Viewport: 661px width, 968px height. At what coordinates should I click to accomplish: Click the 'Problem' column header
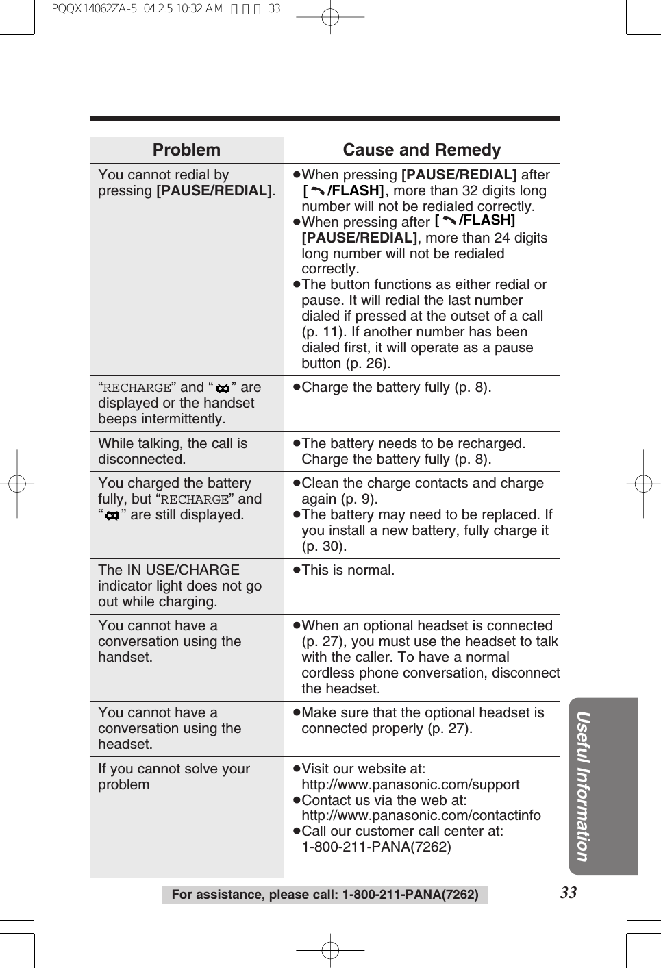186,150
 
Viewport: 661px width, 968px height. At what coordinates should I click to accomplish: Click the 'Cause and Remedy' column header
421,150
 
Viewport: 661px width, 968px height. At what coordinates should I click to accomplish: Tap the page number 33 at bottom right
569,892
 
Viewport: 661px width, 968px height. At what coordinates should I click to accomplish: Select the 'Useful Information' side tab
583,786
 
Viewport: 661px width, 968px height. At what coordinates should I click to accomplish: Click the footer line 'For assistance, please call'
325,895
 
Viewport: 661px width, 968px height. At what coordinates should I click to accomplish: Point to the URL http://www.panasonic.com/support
410,784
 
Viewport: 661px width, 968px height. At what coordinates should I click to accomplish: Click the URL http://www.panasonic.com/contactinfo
421,815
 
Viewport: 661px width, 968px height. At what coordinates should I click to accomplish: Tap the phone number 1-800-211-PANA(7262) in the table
376,847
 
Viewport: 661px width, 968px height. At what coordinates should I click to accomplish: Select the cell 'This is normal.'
348,570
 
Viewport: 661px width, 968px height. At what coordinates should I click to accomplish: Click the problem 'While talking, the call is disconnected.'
173,451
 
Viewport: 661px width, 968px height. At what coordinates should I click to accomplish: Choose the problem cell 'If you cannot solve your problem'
174,776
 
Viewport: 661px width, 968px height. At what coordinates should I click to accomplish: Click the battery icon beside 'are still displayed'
112,516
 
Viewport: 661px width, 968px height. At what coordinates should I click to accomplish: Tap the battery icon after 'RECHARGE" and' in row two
222,388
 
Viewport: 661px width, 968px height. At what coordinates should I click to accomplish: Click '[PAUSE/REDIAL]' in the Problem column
214,190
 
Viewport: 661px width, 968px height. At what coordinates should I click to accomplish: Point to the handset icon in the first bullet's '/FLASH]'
317,191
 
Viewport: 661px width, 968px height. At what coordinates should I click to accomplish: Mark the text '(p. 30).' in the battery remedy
324,546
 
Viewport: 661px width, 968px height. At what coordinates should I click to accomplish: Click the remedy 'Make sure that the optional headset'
423,712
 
